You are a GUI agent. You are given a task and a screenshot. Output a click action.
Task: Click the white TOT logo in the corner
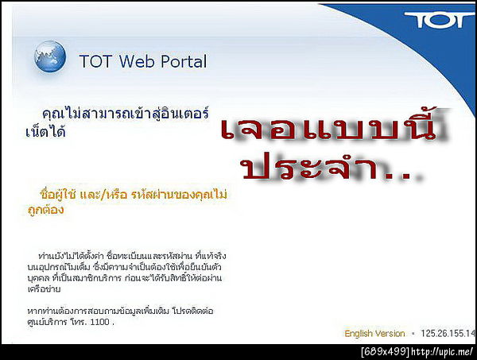tap(438, 20)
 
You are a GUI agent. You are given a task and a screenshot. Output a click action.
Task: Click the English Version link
tap(374, 333)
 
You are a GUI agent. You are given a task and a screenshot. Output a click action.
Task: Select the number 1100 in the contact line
tap(100, 323)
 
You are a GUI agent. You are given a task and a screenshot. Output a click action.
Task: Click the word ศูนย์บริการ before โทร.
tap(45, 323)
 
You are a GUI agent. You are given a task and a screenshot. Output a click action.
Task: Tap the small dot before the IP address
tap(413, 334)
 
